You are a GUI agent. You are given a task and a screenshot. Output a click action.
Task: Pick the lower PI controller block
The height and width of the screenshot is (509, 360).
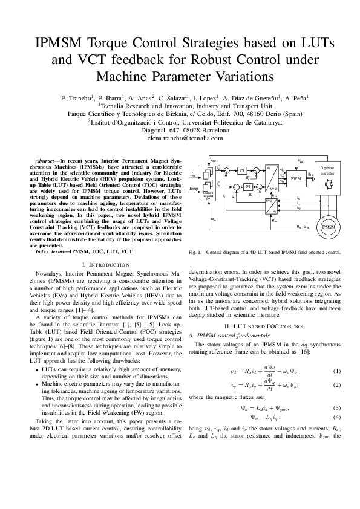pos(247,187)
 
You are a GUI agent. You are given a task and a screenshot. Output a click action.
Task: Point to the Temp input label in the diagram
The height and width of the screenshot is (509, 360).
pos(194,189)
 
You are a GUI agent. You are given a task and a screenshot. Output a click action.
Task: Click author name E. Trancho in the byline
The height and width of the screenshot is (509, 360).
pos(76,97)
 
